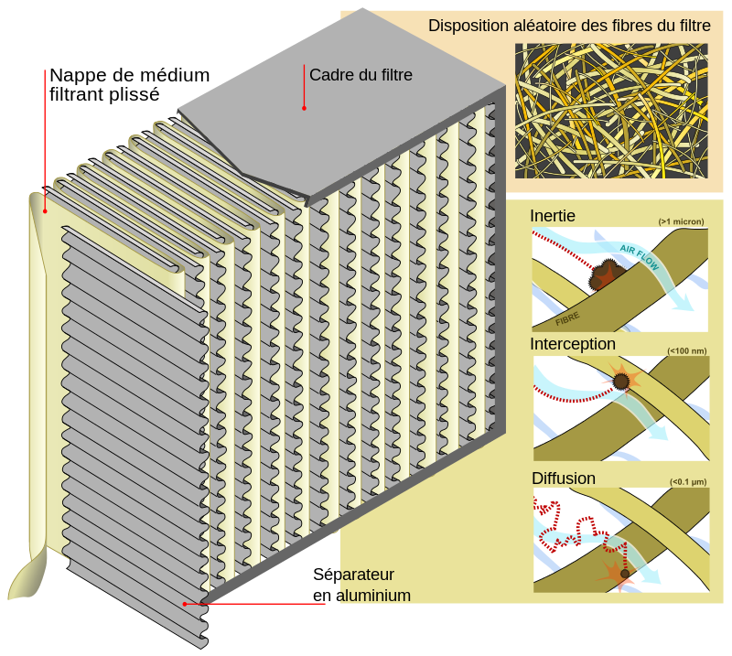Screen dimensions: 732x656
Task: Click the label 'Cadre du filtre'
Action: coord(361,75)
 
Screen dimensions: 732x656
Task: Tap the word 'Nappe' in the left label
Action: coord(70,75)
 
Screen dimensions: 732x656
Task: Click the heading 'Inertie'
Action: coord(553,216)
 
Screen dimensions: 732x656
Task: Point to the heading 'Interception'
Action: coord(573,344)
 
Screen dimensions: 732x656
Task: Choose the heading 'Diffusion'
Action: coord(564,479)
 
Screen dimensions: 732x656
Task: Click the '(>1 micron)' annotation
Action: coord(681,221)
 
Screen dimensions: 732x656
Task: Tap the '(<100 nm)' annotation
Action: coord(687,350)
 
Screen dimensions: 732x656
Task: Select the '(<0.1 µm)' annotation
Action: coord(688,481)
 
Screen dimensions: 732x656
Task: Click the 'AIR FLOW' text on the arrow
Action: coord(639,257)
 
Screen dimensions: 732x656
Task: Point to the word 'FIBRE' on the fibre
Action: coord(567,319)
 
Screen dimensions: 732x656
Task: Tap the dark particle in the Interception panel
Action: coord(621,382)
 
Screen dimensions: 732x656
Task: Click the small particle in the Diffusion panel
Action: coord(625,574)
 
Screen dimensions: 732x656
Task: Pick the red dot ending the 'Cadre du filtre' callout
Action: coord(304,108)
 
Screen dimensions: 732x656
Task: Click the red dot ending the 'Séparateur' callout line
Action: coord(185,604)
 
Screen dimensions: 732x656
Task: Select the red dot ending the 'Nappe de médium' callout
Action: coord(45,211)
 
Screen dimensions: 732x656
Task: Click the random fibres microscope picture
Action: coord(611,111)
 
